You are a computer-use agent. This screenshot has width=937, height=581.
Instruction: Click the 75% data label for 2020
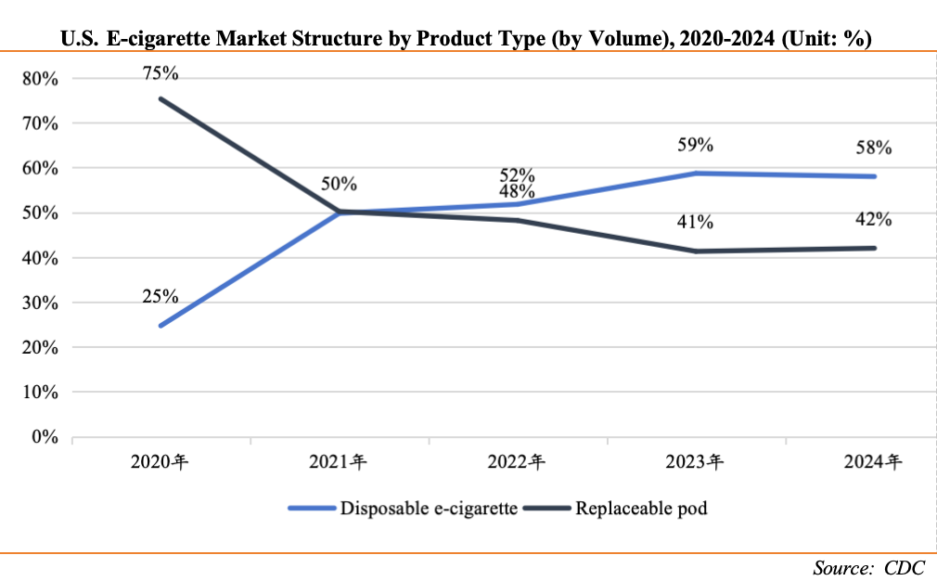[x=160, y=72]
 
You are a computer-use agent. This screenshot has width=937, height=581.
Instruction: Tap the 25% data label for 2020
[x=160, y=297]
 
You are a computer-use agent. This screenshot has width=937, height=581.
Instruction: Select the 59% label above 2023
[x=695, y=145]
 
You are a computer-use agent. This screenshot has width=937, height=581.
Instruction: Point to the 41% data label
[x=695, y=222]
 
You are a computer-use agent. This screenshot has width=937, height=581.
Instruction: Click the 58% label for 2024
[x=874, y=148]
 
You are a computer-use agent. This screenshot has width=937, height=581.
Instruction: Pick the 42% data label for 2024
[x=874, y=220]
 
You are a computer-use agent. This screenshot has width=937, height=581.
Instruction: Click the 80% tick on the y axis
[x=41, y=79]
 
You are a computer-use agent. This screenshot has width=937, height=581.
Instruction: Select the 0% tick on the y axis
[x=45, y=436]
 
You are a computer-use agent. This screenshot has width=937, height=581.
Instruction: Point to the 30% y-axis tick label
[x=41, y=303]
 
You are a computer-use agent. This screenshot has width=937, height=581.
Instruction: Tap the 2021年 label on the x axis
[x=339, y=461]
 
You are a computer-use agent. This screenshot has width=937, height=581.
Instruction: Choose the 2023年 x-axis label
[x=696, y=461]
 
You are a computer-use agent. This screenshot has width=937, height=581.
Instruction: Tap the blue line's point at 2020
[x=160, y=326]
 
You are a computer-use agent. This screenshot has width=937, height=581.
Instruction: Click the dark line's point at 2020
[x=160, y=98]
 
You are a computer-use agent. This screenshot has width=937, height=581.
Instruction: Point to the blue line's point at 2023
[x=696, y=174]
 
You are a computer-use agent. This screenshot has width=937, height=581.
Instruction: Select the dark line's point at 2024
[x=875, y=248]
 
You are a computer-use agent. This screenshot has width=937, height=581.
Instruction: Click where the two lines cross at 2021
[x=340, y=212]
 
